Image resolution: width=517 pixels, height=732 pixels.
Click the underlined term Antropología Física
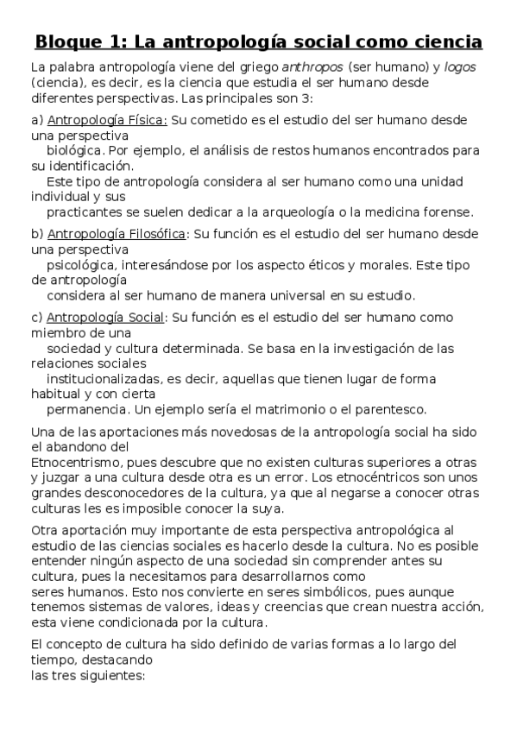click(107, 120)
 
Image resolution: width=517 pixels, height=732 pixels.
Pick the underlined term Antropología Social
click(105, 317)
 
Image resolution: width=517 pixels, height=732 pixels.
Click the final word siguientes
click(115, 676)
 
